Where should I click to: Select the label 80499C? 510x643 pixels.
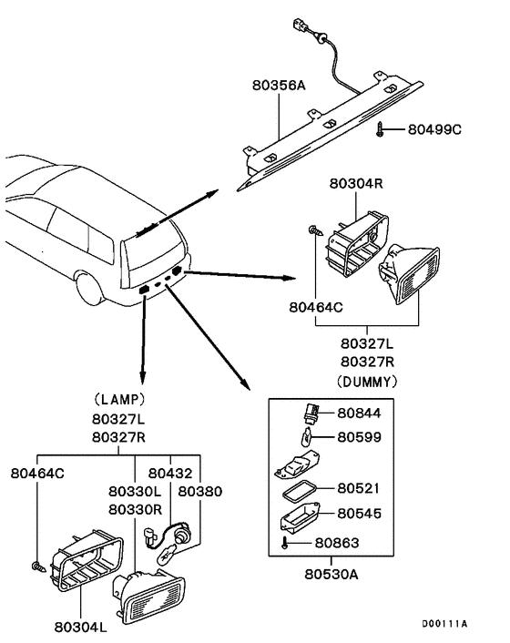point(434,130)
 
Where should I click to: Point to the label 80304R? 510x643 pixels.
point(358,183)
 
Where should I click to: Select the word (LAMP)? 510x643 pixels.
point(119,398)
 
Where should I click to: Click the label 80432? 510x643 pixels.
point(170,473)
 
